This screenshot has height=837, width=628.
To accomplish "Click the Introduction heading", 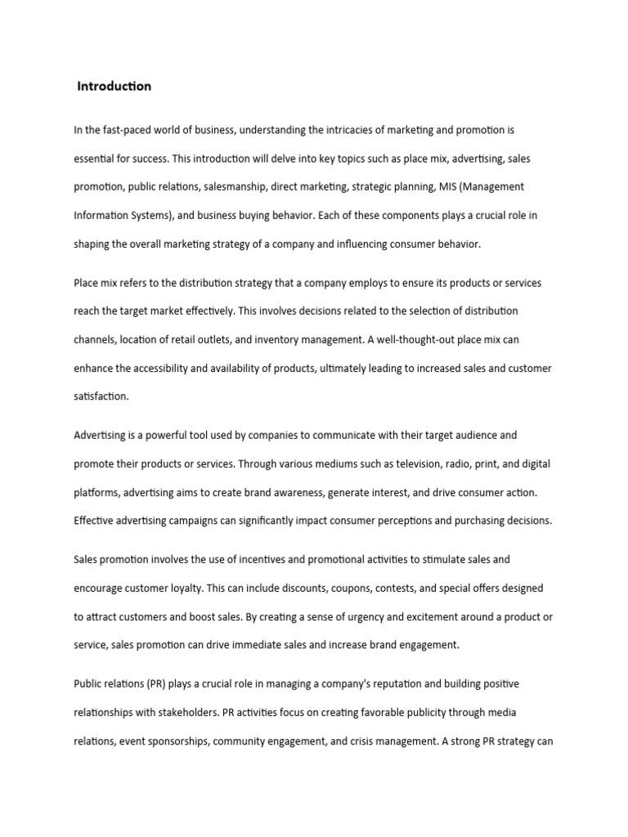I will [x=114, y=87].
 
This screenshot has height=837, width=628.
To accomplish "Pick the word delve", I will [x=298, y=159].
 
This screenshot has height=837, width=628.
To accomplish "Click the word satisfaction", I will [x=101, y=396].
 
